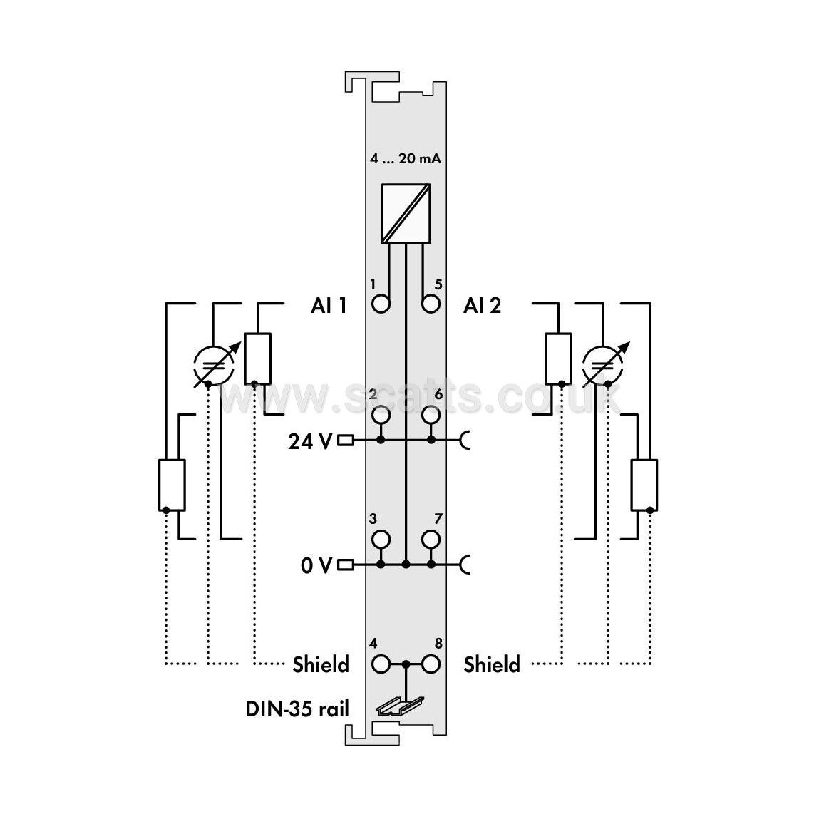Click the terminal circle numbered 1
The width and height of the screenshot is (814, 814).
(x=381, y=304)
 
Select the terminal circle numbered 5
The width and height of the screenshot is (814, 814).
(x=431, y=304)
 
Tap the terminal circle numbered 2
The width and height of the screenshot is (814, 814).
(x=381, y=415)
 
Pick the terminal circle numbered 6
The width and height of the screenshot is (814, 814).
(x=431, y=415)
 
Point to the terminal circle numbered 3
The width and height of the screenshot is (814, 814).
(x=381, y=540)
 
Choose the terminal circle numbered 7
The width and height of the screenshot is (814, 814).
(x=431, y=540)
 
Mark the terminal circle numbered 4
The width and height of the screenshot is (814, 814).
(x=381, y=664)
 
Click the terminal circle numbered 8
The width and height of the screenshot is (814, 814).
(x=431, y=664)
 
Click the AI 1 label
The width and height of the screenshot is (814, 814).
(x=329, y=305)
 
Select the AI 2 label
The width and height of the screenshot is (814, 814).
(x=483, y=305)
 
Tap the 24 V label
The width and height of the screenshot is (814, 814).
(x=310, y=441)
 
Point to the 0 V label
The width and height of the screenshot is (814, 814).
(x=316, y=565)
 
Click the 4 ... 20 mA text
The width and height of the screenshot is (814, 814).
(x=406, y=158)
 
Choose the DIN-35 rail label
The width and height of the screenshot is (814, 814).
(x=297, y=709)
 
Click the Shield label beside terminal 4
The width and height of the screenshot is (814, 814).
(x=321, y=664)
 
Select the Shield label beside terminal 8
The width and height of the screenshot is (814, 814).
(x=492, y=664)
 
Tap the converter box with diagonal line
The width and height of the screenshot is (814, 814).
(x=406, y=213)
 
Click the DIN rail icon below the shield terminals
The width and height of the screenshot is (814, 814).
(x=399, y=706)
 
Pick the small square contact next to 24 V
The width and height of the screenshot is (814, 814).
(x=346, y=441)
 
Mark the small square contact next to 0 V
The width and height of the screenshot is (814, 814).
(x=346, y=565)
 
